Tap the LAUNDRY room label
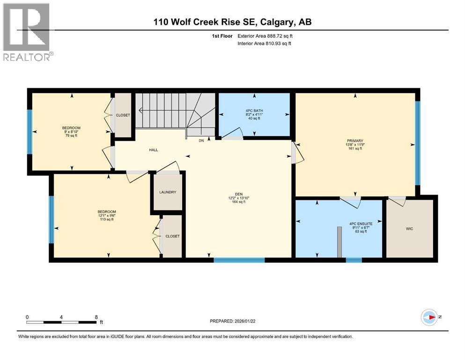pos(167,192)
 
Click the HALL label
pos(154,150)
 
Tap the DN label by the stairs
pos(201,140)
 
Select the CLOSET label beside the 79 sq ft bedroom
pos(123,115)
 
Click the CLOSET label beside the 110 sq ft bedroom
pos(172,236)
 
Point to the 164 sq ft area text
pos(239,202)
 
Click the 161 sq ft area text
pos(355,149)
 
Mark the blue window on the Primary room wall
pos(417,143)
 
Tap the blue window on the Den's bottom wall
pos(239,260)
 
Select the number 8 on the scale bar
pos(96,317)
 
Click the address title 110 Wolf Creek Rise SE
pos(192,22)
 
